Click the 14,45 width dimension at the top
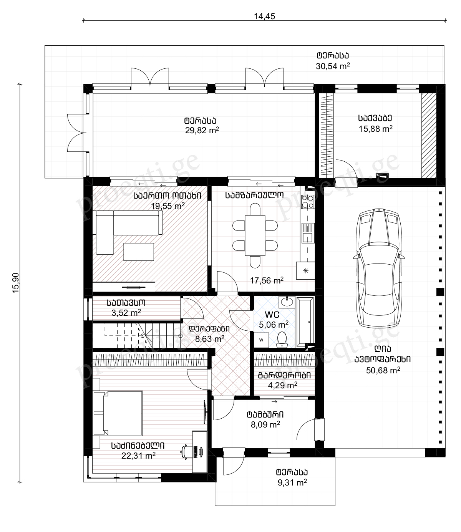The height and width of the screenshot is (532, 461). point(264,17)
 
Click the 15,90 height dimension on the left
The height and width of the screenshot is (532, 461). point(16,283)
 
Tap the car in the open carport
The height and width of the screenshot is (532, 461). point(379,268)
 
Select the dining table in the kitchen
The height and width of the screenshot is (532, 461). point(255,235)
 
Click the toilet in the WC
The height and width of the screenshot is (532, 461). point(282,340)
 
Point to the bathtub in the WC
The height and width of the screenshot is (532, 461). point(305,322)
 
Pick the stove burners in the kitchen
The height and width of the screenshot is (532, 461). point(308,202)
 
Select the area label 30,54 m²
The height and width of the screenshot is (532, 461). point(333,66)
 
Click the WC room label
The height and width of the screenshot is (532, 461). point(272,315)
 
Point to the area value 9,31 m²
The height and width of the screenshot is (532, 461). point(292,482)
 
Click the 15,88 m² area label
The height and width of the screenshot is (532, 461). point(376,129)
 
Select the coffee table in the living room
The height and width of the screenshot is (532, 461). point(139,252)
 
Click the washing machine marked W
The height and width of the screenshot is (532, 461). point(261,340)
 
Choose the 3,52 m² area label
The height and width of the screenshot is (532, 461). point(126,313)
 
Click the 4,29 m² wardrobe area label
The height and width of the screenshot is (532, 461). point(283,385)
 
